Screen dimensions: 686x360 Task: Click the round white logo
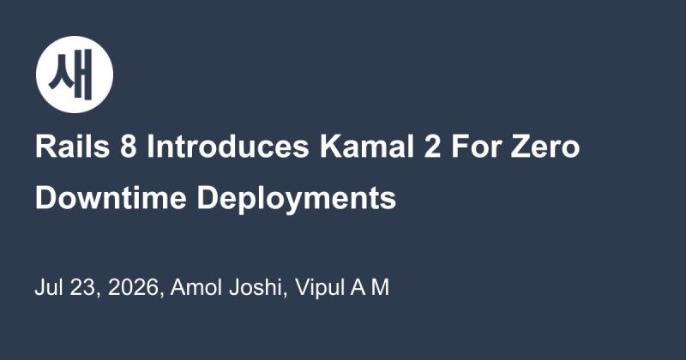click(75, 75)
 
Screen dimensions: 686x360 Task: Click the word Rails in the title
click(73, 147)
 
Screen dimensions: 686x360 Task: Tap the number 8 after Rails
click(128, 147)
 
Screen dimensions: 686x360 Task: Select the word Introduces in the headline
click(228, 147)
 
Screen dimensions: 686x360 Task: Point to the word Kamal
click(367, 147)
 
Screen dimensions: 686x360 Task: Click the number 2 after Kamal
click(432, 147)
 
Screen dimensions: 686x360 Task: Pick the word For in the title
click(476, 147)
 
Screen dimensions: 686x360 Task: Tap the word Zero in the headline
click(545, 147)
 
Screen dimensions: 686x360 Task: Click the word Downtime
click(111, 198)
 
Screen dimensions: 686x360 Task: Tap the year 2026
click(133, 287)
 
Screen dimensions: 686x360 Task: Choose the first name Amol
click(196, 287)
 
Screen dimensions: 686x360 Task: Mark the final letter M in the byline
click(380, 287)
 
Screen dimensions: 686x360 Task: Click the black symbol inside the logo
click(72, 75)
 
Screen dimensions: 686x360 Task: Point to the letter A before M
click(358, 287)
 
